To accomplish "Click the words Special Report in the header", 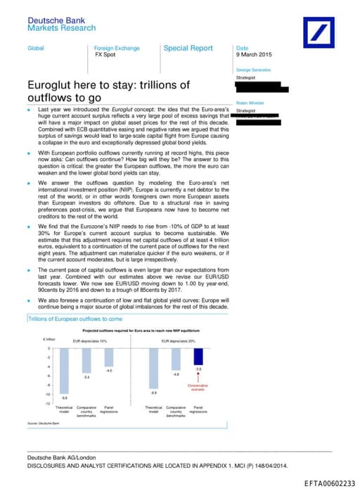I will pos(188,49).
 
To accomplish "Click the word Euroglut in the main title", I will pos(52,85).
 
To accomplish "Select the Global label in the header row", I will pos(35,48).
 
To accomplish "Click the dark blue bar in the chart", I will pos(198,357).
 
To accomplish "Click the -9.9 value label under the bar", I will pos(64,397).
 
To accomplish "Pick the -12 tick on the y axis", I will pos(49,404).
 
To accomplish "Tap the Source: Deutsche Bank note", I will pos(44,423).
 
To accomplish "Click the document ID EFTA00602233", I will pos(329,483).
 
